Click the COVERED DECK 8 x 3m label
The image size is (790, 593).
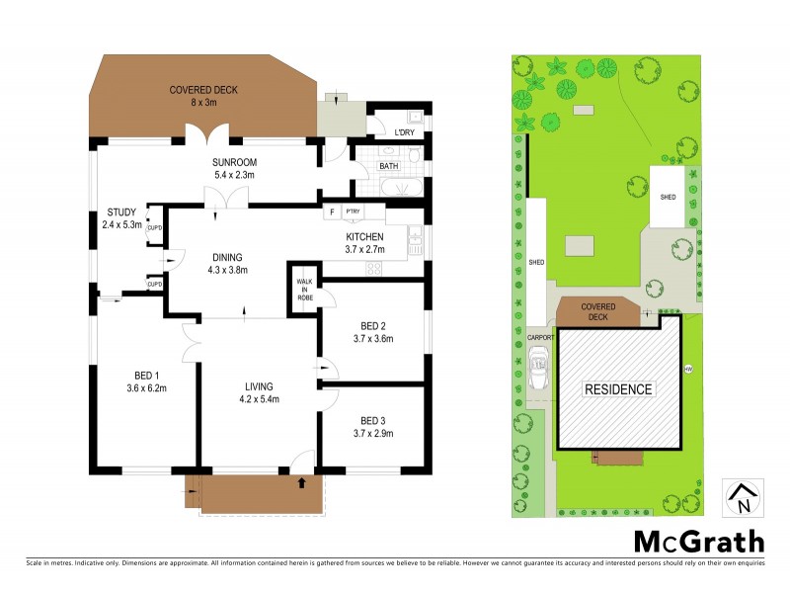coord(202,96)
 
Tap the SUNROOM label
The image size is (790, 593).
coord(234,168)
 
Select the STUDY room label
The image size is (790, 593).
coord(121,217)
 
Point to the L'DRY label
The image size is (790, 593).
coord(404,133)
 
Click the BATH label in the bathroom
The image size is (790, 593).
coord(389,166)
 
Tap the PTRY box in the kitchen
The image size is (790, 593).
coord(353,212)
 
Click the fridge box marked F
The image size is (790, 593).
coord(332,212)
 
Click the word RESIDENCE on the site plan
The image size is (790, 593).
coord(619,389)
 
